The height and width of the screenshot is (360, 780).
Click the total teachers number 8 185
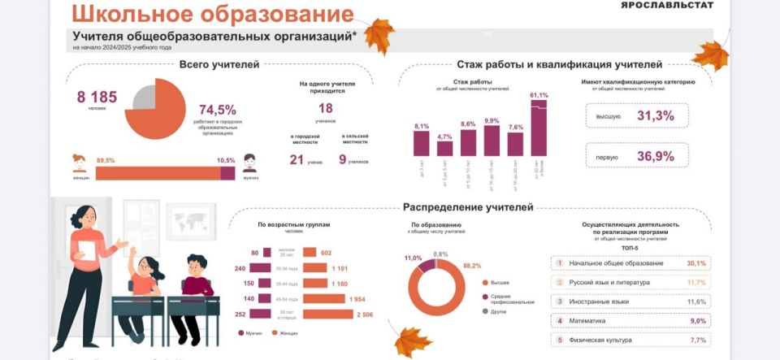(x=97, y=97)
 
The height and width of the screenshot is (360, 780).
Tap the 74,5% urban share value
(x=218, y=110)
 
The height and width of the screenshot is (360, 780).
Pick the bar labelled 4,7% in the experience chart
(x=444, y=149)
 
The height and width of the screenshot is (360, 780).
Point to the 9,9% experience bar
(x=492, y=141)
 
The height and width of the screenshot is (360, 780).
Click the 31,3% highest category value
(x=656, y=116)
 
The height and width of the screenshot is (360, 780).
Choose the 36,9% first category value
(x=656, y=156)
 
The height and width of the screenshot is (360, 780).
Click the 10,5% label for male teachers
(x=226, y=160)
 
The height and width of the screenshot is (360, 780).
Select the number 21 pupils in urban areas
(x=297, y=160)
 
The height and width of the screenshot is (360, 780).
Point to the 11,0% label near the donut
(x=413, y=258)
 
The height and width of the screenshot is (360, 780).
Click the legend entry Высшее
(x=500, y=283)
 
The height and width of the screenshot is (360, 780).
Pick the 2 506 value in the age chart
(x=363, y=314)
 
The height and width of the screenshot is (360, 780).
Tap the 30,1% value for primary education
(x=696, y=263)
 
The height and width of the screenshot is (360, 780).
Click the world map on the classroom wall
(x=191, y=220)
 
